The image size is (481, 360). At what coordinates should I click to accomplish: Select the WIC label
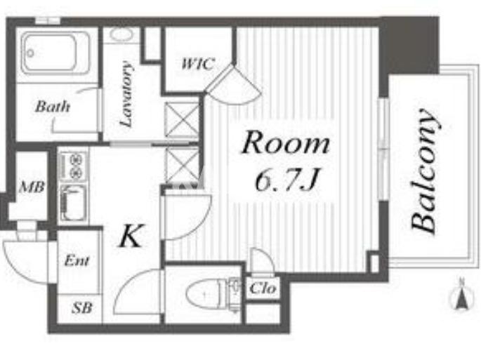[197, 64]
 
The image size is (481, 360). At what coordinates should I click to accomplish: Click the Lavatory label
[126, 94]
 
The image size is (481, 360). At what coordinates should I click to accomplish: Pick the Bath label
[53, 107]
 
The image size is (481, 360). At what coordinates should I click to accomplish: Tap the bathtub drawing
[56, 53]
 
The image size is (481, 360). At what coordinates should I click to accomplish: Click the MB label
[32, 187]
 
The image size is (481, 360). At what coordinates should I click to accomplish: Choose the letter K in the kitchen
[131, 236]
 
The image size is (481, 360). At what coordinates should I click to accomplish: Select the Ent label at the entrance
[77, 260]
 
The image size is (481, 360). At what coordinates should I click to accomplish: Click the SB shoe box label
[82, 307]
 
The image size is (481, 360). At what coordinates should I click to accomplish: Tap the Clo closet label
[263, 288]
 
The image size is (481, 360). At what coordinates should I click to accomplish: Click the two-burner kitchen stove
[73, 166]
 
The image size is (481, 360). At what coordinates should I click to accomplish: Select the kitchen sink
[73, 203]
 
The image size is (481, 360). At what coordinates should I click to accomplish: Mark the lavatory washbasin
[121, 34]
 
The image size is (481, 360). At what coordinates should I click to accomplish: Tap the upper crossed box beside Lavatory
[182, 119]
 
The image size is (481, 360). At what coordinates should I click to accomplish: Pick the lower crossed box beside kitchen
[182, 165]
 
